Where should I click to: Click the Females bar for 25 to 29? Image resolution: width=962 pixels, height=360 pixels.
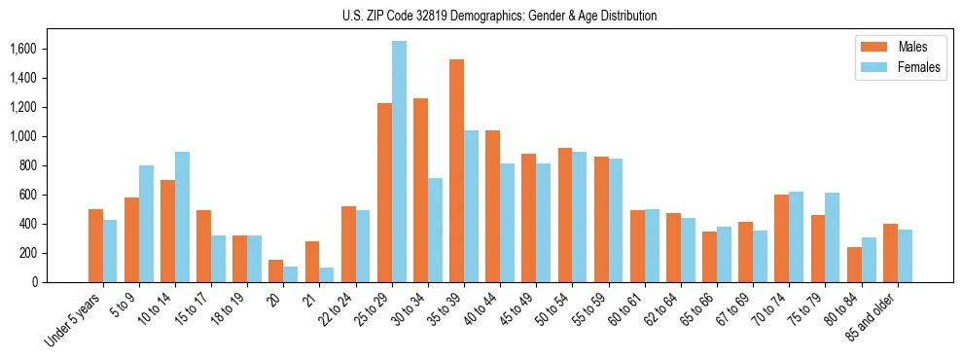[399, 162]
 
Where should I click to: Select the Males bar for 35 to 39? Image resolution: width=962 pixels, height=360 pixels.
[456, 171]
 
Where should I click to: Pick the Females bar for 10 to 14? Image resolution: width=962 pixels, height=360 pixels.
[182, 217]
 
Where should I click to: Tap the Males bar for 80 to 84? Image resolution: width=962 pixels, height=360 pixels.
[854, 265]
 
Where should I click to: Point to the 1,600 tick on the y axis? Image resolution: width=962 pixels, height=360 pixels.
[37, 49]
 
